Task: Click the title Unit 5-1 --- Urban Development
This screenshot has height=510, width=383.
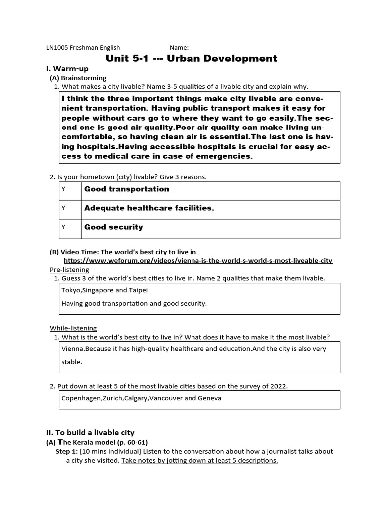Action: [191, 59]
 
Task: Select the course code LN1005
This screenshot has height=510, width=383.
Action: [57, 48]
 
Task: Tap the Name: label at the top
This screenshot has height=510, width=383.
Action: [179, 48]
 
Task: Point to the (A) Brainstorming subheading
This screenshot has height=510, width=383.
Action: [78, 78]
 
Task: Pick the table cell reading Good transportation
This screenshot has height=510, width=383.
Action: [127, 189]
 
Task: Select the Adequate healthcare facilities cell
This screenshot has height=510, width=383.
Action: [149, 208]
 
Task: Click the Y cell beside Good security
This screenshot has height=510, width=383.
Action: [63, 227]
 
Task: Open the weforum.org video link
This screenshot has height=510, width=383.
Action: [198, 261]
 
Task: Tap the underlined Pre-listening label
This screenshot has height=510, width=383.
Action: [69, 270]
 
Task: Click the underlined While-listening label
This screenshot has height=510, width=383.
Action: [73, 328]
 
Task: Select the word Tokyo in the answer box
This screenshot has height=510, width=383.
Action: [71, 290]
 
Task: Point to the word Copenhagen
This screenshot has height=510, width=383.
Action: [82, 398]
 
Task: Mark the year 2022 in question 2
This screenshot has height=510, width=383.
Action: [279, 386]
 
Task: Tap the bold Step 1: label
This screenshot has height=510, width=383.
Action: [66, 452]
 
